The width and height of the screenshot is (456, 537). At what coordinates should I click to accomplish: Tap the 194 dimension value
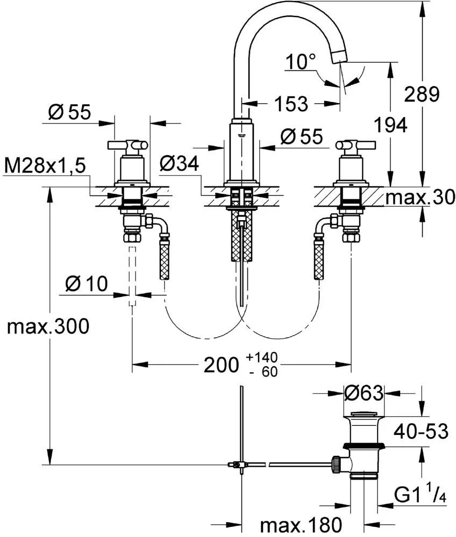[391, 125]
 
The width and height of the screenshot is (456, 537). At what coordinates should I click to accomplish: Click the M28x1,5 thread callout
[45, 166]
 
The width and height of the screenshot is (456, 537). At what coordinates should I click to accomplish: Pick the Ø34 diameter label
[180, 163]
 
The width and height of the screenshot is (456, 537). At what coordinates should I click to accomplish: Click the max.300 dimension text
[48, 326]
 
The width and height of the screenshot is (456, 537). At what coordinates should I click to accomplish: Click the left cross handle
[129, 144]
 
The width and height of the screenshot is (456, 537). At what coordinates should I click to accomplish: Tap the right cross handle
[351, 144]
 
